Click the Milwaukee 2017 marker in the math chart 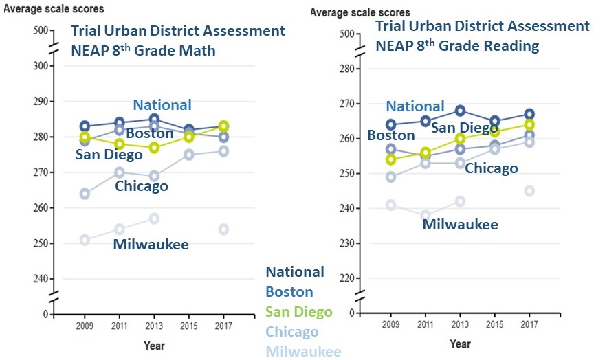click(x=224, y=229)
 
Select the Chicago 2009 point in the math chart click(x=85, y=194)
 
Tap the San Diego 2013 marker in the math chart click(x=155, y=148)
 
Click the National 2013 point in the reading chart click(x=460, y=111)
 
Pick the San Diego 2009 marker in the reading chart click(x=391, y=159)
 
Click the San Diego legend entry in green click(x=298, y=311)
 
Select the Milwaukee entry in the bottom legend click(x=303, y=351)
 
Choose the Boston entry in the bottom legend click(x=289, y=291)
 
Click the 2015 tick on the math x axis click(x=189, y=326)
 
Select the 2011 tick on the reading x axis click(x=426, y=324)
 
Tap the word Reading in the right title click(x=507, y=46)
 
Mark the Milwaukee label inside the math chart click(x=151, y=245)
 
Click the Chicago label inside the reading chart click(x=491, y=168)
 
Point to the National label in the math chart click(x=162, y=105)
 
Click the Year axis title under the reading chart click(x=460, y=344)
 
